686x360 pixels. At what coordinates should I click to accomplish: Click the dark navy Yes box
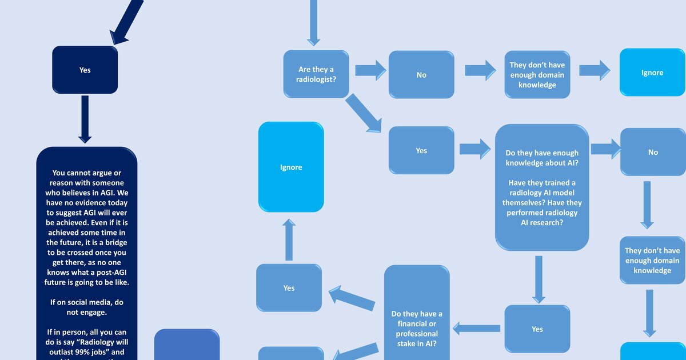click(85, 70)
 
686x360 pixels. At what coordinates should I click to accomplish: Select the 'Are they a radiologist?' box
click(316, 74)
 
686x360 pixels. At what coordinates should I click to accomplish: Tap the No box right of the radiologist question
click(421, 75)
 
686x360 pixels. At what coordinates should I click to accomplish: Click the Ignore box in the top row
click(652, 73)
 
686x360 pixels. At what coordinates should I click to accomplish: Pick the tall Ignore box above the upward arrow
click(291, 167)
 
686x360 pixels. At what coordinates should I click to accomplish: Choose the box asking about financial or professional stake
click(417, 329)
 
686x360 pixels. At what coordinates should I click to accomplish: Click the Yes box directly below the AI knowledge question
click(537, 329)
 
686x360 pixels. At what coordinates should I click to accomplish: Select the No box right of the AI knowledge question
click(653, 152)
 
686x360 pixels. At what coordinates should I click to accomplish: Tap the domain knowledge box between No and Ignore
click(537, 75)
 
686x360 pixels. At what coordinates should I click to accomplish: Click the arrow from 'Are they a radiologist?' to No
click(370, 70)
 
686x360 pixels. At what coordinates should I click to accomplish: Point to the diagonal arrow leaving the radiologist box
click(364, 113)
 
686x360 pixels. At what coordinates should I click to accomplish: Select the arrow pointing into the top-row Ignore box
click(594, 70)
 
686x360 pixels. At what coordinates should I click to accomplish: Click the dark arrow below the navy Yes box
click(85, 119)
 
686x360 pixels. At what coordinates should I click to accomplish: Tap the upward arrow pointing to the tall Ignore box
click(289, 240)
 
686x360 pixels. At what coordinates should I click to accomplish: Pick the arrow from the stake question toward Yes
click(352, 297)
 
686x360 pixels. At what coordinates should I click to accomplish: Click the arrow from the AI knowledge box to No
click(605, 149)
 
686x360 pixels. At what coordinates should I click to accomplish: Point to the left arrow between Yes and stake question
click(476, 328)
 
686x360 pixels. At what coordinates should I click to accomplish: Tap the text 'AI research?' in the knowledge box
click(541, 223)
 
